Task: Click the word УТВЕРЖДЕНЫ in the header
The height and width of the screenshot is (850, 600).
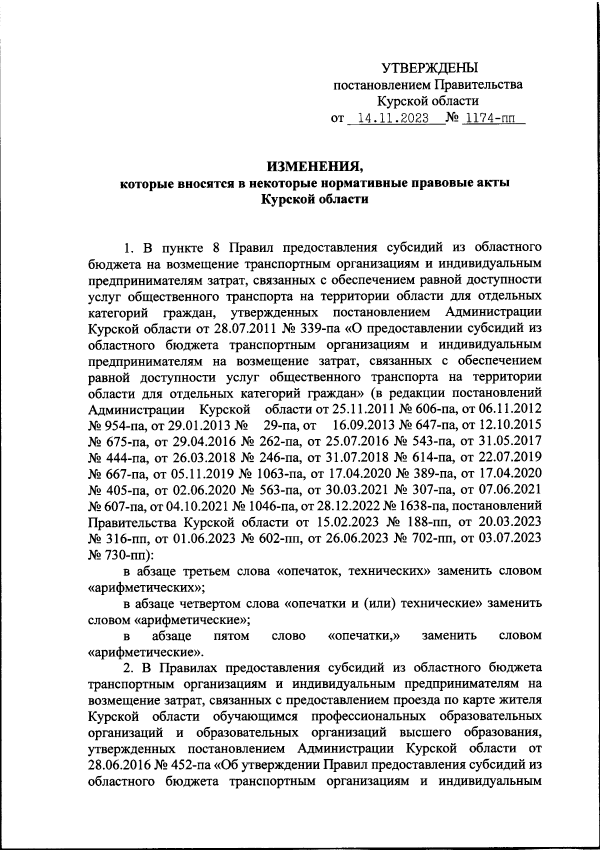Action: pyautogui.click(x=429, y=67)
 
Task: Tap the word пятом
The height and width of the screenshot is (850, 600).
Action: pyautogui.click(x=230, y=635)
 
